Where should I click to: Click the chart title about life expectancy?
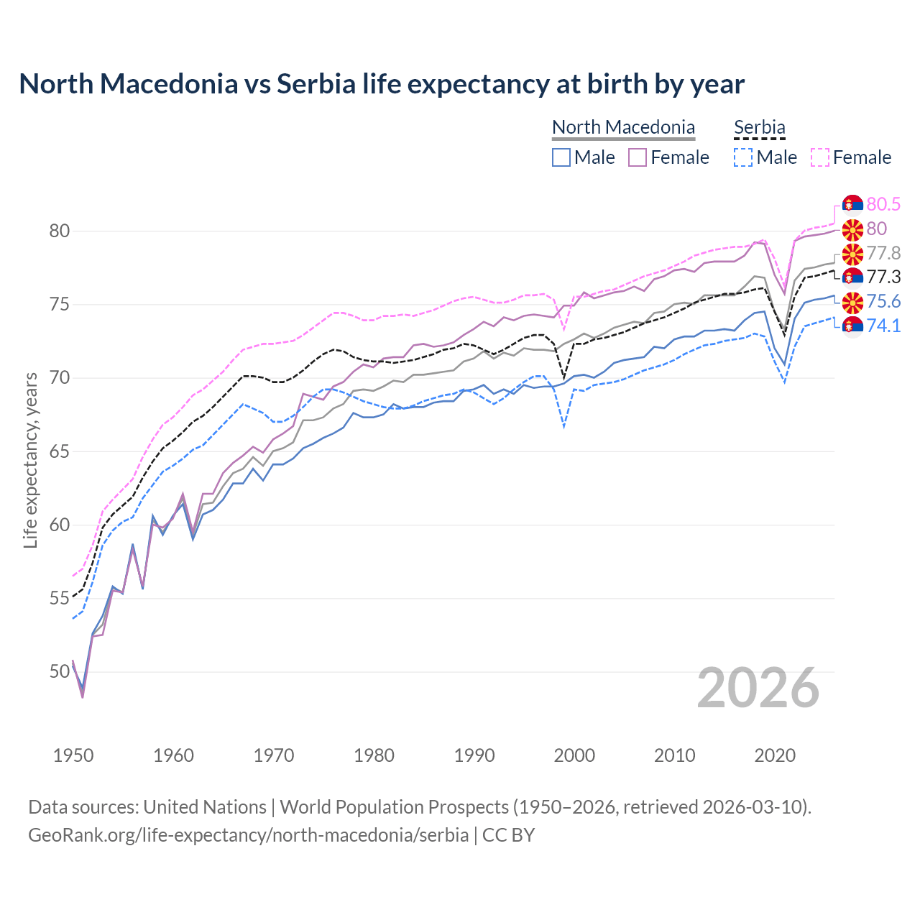click(x=382, y=84)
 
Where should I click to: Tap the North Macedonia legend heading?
click(x=623, y=127)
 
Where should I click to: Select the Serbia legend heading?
click(x=759, y=127)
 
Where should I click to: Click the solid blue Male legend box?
click(x=561, y=157)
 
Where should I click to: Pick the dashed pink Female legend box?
click(x=820, y=157)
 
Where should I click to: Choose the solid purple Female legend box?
click(x=638, y=157)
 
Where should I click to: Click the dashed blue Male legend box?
click(x=743, y=157)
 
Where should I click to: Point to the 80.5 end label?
click(x=883, y=204)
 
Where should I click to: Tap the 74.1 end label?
click(x=883, y=326)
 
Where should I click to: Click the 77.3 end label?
click(x=883, y=277)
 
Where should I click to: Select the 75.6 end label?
click(x=883, y=302)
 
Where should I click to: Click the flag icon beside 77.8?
click(x=852, y=254)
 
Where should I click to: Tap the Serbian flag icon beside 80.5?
click(x=852, y=205)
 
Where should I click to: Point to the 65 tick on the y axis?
click(x=60, y=452)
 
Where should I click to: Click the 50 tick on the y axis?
click(x=60, y=672)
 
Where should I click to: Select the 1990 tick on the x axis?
click(x=474, y=755)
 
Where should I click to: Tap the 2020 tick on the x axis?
click(x=775, y=755)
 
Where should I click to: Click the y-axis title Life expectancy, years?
click(x=31, y=460)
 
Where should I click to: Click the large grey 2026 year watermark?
click(x=758, y=688)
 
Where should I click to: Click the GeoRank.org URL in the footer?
click(x=248, y=835)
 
